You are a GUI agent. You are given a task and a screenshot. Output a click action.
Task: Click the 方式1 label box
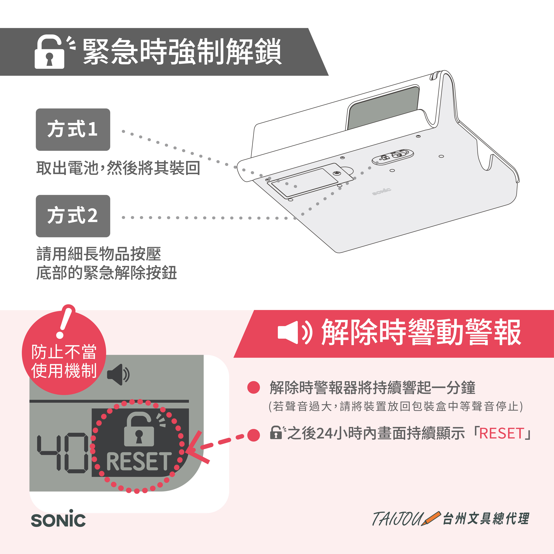[73, 130]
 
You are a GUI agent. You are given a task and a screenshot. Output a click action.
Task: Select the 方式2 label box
[73, 216]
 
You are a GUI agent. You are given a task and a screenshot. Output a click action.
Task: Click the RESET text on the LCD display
[139, 461]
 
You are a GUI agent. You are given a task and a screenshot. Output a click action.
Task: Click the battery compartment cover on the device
[310, 181]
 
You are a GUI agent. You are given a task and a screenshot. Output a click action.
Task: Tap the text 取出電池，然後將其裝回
[118, 168]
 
